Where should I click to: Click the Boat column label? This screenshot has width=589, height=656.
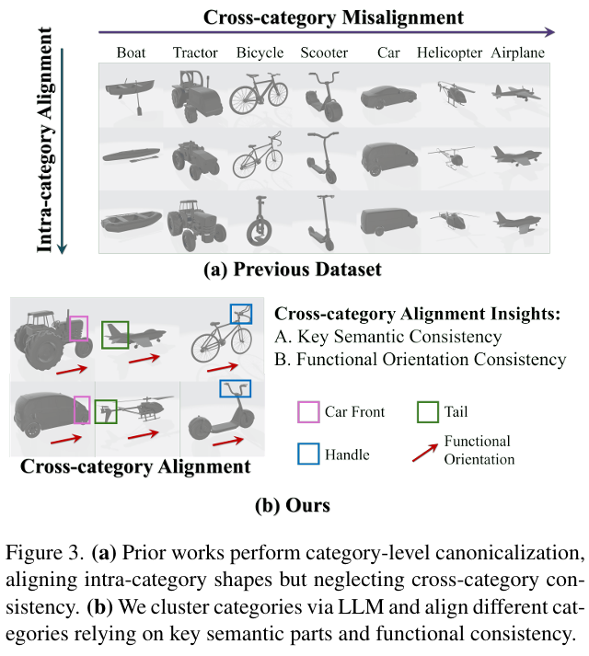[131, 52]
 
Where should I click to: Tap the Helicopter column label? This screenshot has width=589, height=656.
[450, 52]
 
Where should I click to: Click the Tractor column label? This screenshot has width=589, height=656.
[194, 52]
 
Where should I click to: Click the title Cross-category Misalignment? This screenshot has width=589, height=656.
[332, 17]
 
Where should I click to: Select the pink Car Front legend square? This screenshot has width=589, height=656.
[307, 410]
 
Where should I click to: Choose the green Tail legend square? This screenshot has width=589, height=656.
[428, 410]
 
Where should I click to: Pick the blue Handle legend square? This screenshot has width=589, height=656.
[307, 453]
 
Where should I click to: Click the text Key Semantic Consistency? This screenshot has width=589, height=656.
[410, 337]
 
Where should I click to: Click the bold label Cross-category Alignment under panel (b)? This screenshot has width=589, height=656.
[135, 466]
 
